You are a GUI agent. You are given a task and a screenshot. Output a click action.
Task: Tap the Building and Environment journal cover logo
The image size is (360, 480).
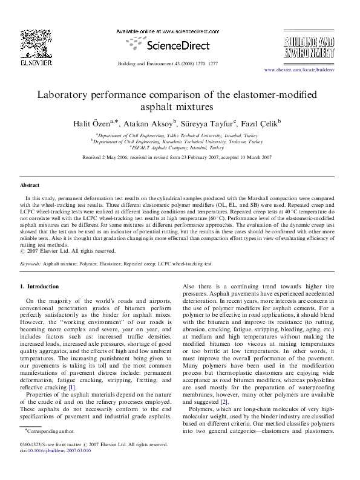pos(308,46)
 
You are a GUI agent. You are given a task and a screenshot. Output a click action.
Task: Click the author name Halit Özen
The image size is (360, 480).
pos(106,123)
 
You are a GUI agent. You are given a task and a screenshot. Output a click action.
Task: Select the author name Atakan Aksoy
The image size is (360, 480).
pos(154,123)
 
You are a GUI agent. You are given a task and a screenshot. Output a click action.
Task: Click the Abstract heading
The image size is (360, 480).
pos(30,186)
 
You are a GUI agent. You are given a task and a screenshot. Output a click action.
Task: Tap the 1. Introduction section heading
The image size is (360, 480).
pos(40,286)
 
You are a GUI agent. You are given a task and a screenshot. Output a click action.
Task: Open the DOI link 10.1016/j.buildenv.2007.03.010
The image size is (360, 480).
pos(58,467)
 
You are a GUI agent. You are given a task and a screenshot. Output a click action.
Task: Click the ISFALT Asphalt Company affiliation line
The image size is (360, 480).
pos(180,147)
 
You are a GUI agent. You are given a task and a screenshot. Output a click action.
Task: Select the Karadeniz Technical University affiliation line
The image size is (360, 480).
pos(180,141)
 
